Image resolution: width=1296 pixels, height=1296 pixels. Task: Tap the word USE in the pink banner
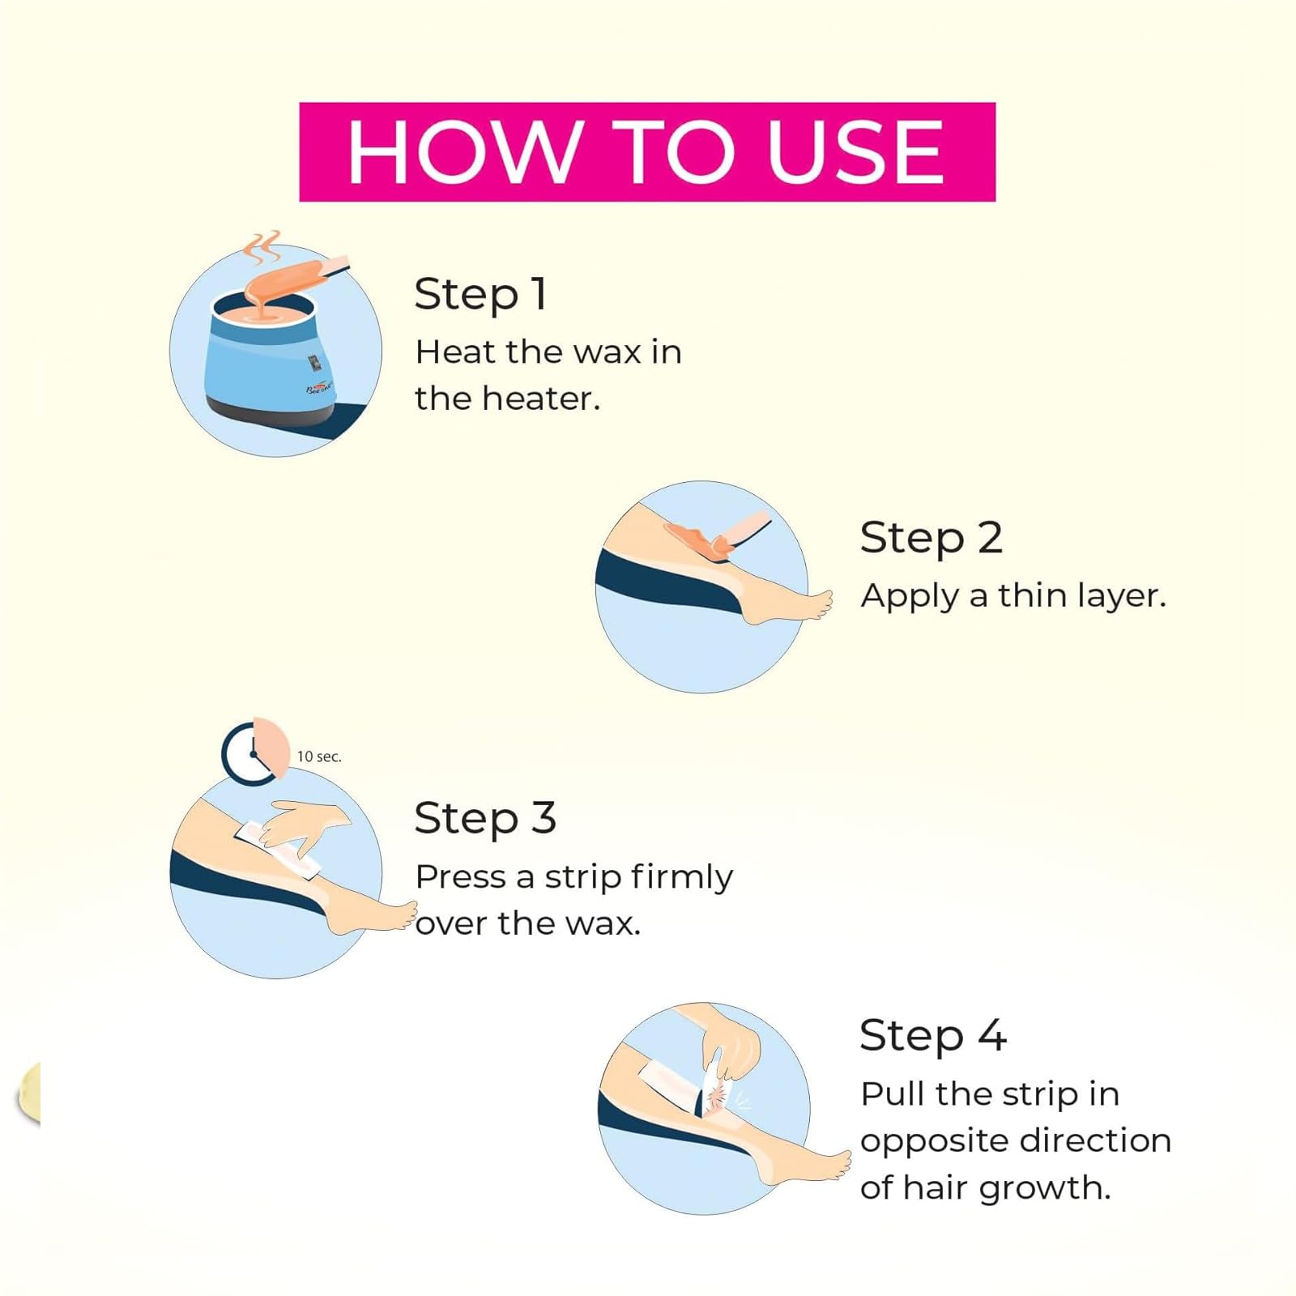[855, 151]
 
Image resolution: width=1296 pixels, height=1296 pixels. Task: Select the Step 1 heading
[480, 294]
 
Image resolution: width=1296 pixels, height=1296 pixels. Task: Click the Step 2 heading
[932, 539]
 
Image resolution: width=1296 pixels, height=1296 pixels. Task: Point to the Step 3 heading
[485, 818]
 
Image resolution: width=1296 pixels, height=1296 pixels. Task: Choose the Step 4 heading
[933, 1036]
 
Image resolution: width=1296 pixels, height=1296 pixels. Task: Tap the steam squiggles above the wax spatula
[262, 247]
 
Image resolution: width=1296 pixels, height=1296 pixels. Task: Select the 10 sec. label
[319, 757]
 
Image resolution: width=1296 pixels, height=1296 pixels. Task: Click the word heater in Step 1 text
[540, 399]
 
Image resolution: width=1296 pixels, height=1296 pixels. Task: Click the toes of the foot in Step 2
[822, 603]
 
